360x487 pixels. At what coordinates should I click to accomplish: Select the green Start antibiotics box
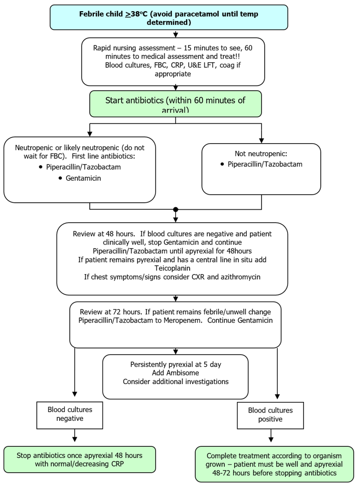point(175,104)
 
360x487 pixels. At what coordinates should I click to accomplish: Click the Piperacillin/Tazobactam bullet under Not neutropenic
point(265,164)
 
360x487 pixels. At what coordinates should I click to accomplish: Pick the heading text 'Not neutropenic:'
point(261,153)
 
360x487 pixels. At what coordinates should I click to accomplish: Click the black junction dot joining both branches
point(175,209)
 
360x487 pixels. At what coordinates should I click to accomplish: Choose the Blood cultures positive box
point(270,415)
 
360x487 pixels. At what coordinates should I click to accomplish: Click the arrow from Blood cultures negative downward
point(75,437)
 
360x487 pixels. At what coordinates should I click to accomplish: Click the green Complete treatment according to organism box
point(274,464)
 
